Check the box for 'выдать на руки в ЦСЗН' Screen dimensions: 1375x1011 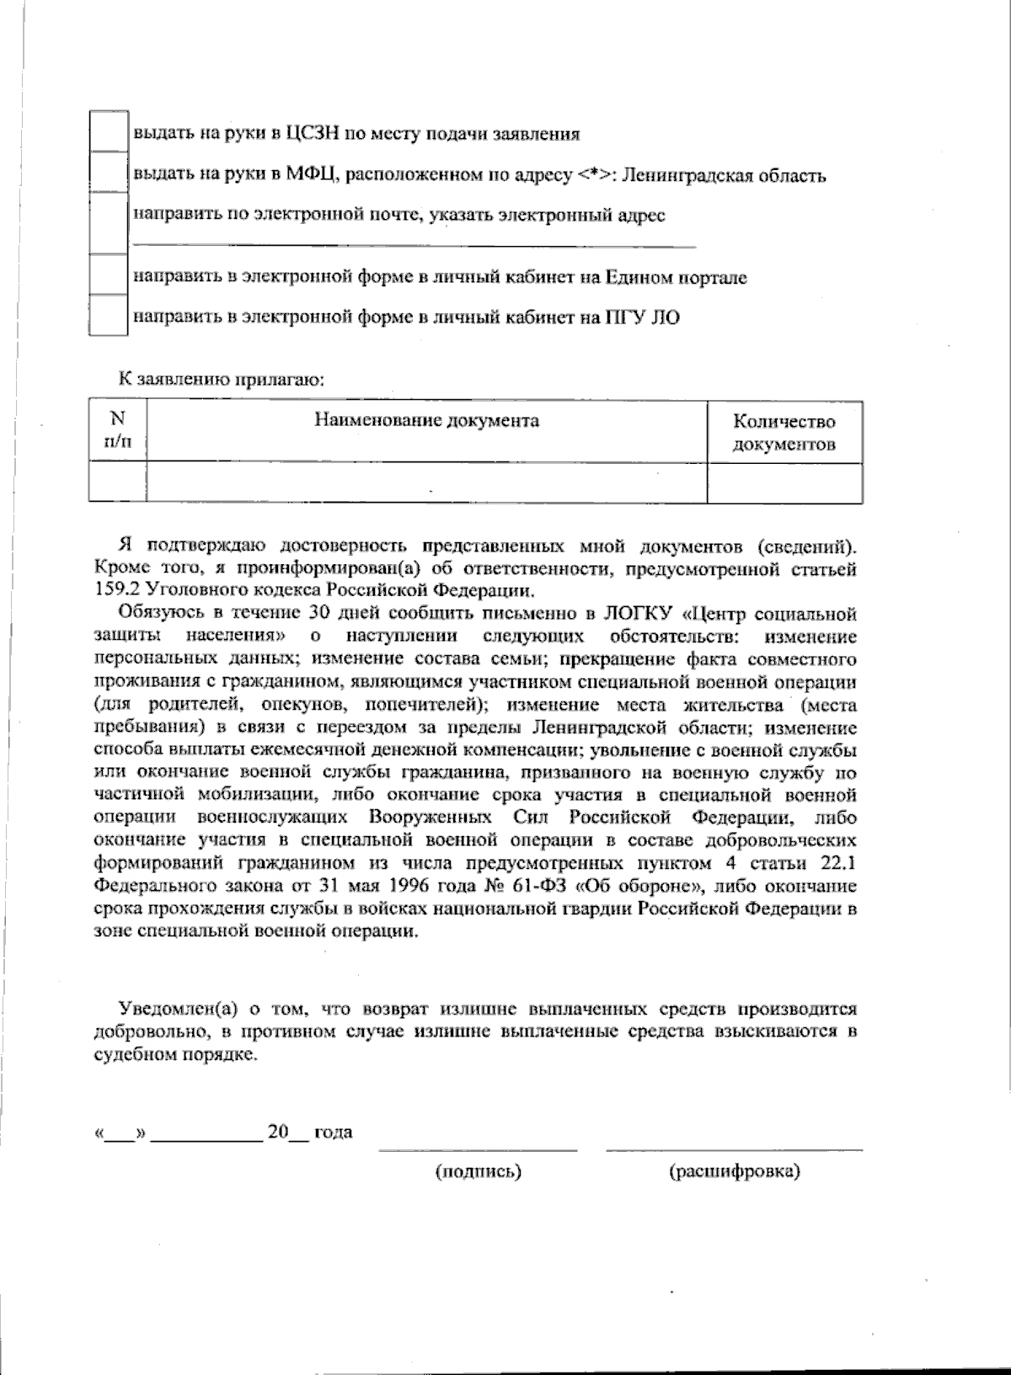(x=108, y=132)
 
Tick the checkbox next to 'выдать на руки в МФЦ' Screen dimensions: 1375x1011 (x=108, y=173)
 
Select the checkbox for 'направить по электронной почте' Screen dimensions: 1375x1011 (x=108, y=222)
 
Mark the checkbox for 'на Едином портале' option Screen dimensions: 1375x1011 (x=108, y=275)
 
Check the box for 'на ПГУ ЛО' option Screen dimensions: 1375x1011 (x=108, y=315)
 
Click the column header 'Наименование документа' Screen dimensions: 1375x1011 (x=426, y=420)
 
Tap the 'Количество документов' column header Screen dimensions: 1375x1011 (x=784, y=432)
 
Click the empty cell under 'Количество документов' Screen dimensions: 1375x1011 (x=784, y=483)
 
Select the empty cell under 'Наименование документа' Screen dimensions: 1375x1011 (x=426, y=483)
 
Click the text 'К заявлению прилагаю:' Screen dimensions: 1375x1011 (x=222, y=380)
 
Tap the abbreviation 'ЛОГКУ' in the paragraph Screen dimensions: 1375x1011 (x=639, y=613)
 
